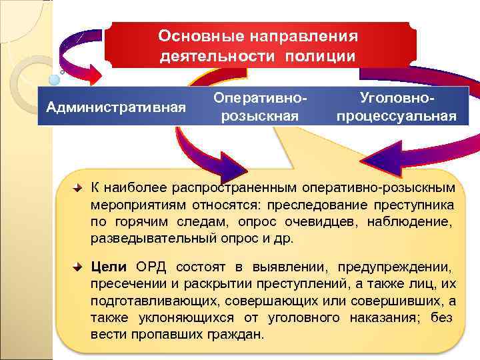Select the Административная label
[113, 107]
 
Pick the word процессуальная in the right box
[397, 116]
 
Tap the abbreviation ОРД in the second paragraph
[151, 267]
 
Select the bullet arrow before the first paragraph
[78, 189]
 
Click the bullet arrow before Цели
[78, 267]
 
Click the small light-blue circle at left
[55, 79]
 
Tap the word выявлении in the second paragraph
[296, 267]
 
